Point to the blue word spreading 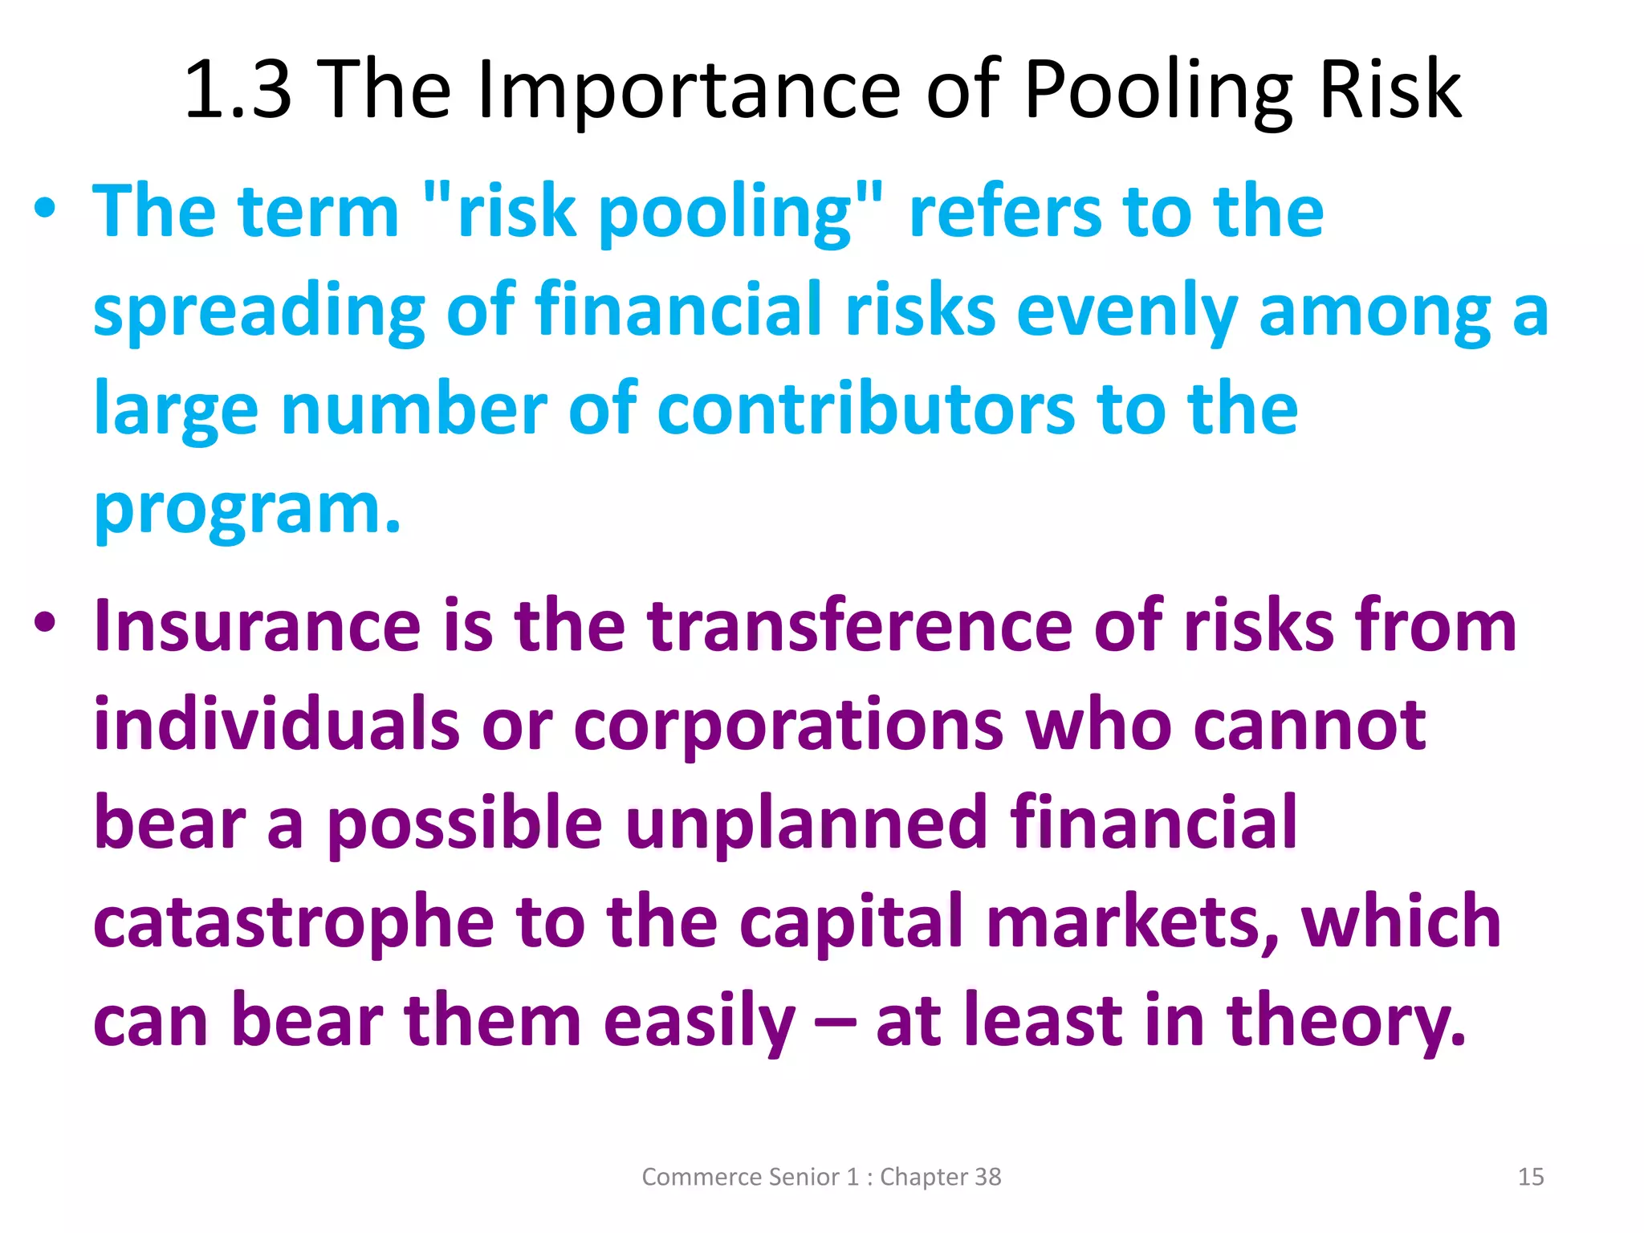click(x=258, y=311)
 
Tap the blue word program click(x=246, y=511)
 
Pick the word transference click(x=860, y=625)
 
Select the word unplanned click(x=806, y=823)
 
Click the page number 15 click(x=1531, y=1177)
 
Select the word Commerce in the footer click(x=701, y=1177)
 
